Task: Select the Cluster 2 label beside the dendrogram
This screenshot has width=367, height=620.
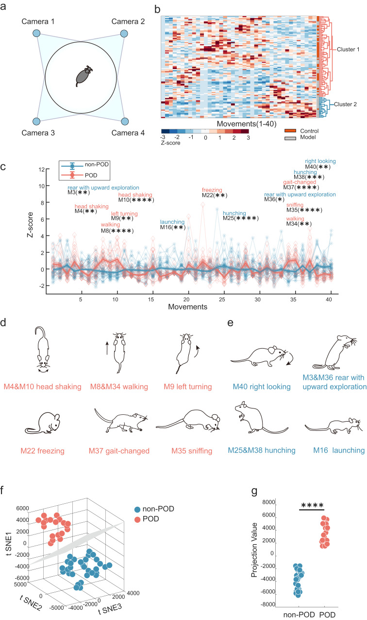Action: (345, 104)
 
